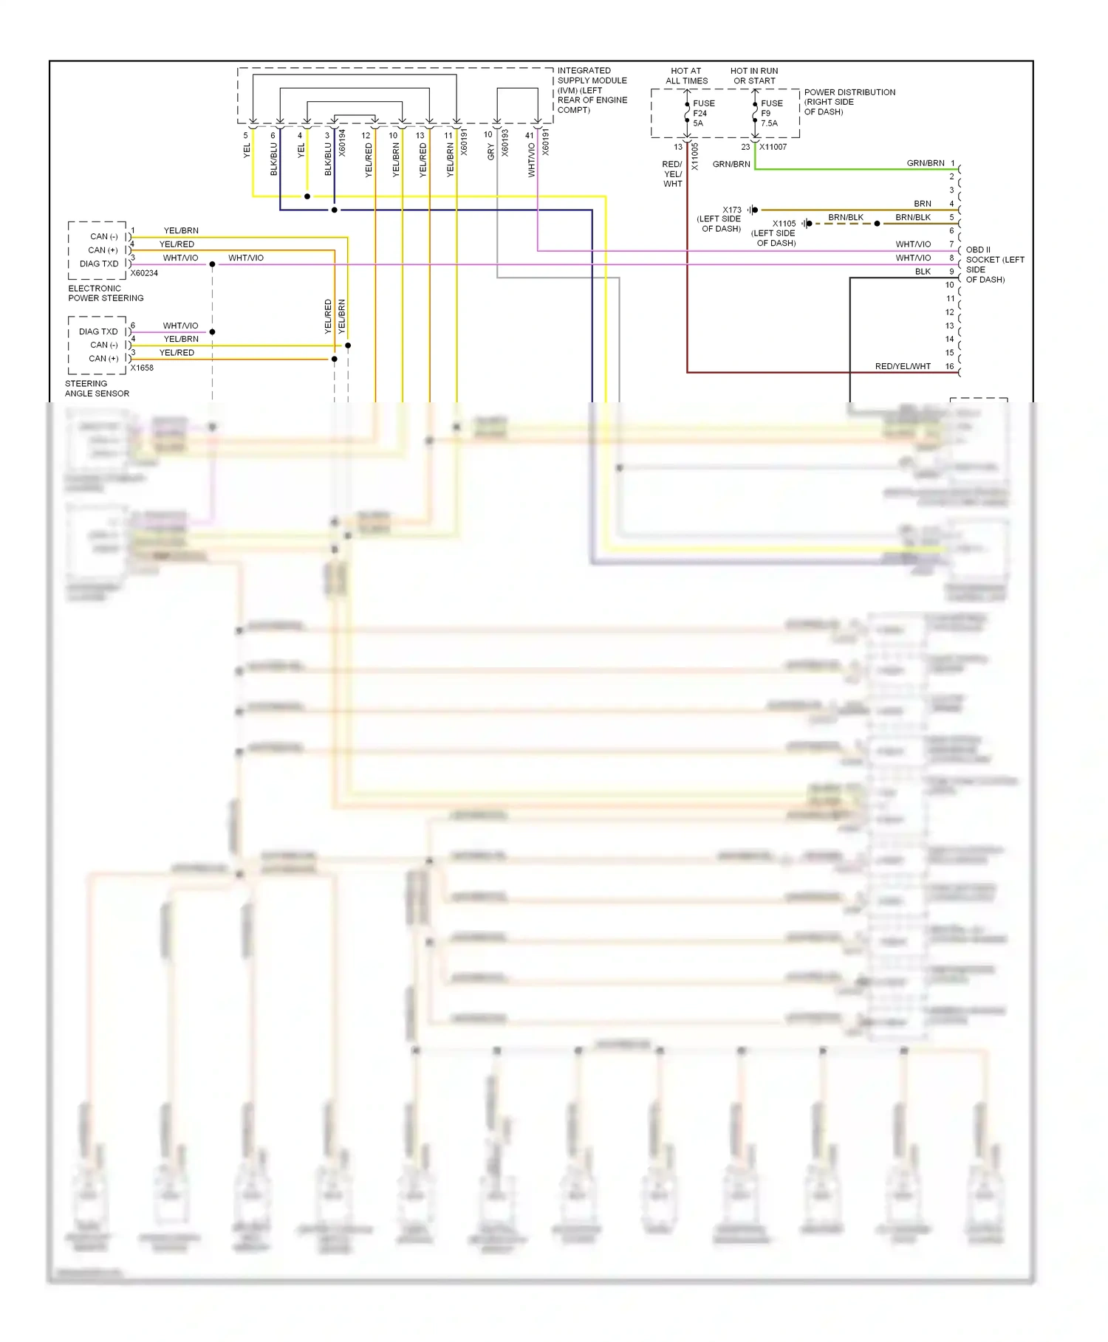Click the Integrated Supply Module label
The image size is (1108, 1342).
pyautogui.click(x=592, y=90)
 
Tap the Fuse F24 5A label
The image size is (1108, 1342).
pyautogui.click(x=702, y=113)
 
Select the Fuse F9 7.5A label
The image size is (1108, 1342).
pyautogui.click(x=770, y=113)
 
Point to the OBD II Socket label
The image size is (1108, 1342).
pyautogui.click(x=994, y=264)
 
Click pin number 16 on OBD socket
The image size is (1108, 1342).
pyautogui.click(x=949, y=366)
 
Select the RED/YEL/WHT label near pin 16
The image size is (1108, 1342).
pyautogui.click(x=902, y=366)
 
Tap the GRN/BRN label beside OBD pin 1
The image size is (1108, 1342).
pyautogui.click(x=925, y=163)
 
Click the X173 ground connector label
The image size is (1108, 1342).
pyautogui.click(x=731, y=210)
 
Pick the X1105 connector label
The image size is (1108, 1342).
pyautogui.click(x=784, y=224)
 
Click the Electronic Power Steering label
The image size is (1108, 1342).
pyautogui.click(x=106, y=293)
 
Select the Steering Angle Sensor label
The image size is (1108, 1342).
pyautogui.click(x=97, y=388)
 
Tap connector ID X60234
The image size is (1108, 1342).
pyautogui.click(x=144, y=273)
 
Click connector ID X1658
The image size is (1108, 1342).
pyautogui.click(x=142, y=368)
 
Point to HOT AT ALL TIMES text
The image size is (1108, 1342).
pyautogui.click(x=686, y=76)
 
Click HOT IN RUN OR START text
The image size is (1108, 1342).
pyautogui.click(x=754, y=76)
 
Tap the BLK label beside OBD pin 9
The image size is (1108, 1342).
pyautogui.click(x=923, y=272)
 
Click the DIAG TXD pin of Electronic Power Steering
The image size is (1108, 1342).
pyautogui.click(x=99, y=264)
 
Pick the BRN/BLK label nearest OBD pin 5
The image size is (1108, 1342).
pyautogui.click(x=912, y=217)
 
